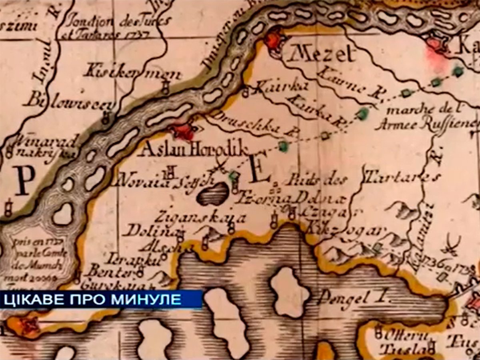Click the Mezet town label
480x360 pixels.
point(322,54)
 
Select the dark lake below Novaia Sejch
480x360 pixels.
point(214,194)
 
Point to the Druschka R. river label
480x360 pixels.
point(250,124)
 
